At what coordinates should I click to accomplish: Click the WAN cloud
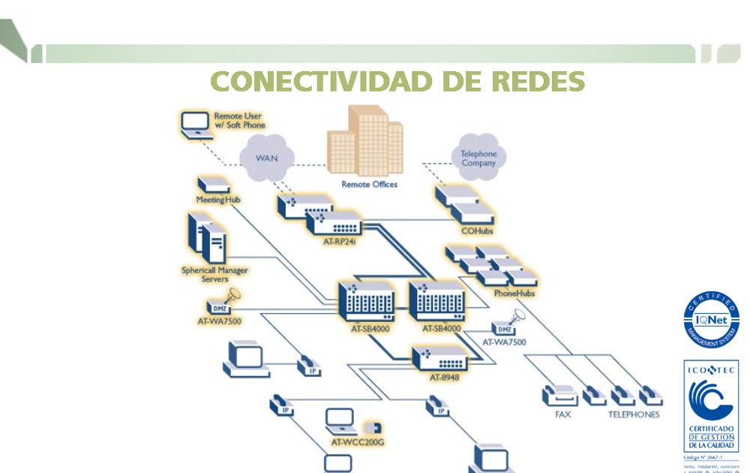(x=267, y=158)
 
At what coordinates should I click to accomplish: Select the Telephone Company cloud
(x=478, y=158)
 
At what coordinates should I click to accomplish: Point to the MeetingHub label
(x=217, y=200)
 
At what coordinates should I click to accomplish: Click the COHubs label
(x=477, y=230)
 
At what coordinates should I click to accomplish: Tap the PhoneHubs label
(x=514, y=293)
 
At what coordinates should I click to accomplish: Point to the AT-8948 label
(x=444, y=376)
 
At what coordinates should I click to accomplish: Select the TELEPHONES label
(x=634, y=414)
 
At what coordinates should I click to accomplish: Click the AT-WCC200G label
(x=358, y=442)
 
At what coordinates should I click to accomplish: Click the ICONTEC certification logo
(x=710, y=406)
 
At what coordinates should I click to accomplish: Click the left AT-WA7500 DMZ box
(x=220, y=307)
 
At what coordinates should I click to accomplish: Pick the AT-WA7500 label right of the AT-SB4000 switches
(x=504, y=342)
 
